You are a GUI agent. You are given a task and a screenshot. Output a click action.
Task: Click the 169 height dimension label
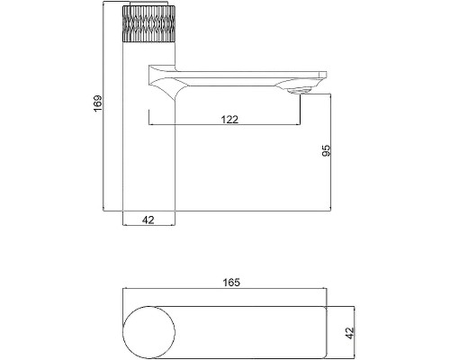pyautogui.click(x=98, y=103)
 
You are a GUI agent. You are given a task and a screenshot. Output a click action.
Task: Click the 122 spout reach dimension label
pyautogui.click(x=229, y=120)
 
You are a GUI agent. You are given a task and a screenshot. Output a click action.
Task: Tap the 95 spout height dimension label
pyautogui.click(x=326, y=150)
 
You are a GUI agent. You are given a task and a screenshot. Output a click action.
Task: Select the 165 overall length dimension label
pyautogui.click(x=231, y=283)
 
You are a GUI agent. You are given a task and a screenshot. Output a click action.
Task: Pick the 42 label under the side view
pyautogui.click(x=148, y=220)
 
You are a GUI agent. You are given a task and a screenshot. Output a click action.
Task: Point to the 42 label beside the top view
pyautogui.click(x=350, y=333)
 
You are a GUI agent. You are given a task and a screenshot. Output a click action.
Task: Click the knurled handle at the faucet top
pyautogui.click(x=148, y=23)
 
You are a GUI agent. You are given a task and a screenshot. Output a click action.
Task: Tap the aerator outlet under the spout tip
pyautogui.click(x=299, y=91)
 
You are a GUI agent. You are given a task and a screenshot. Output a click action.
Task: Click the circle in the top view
pyautogui.click(x=149, y=332)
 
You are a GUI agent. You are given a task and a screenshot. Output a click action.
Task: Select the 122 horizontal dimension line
pyautogui.click(x=224, y=124)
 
